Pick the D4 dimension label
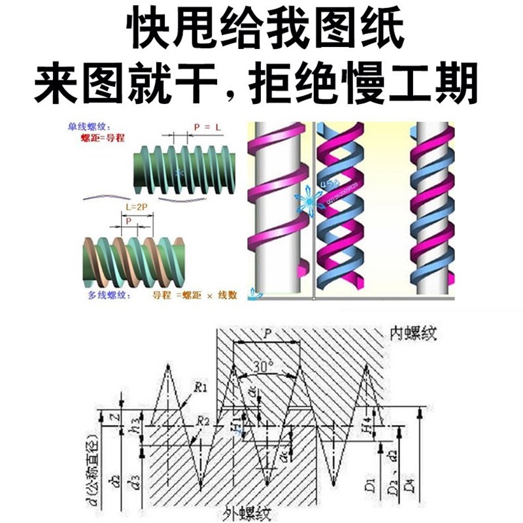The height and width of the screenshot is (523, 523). [409, 485]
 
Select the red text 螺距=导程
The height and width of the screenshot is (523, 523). [101, 139]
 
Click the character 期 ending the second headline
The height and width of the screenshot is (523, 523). [467, 84]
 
